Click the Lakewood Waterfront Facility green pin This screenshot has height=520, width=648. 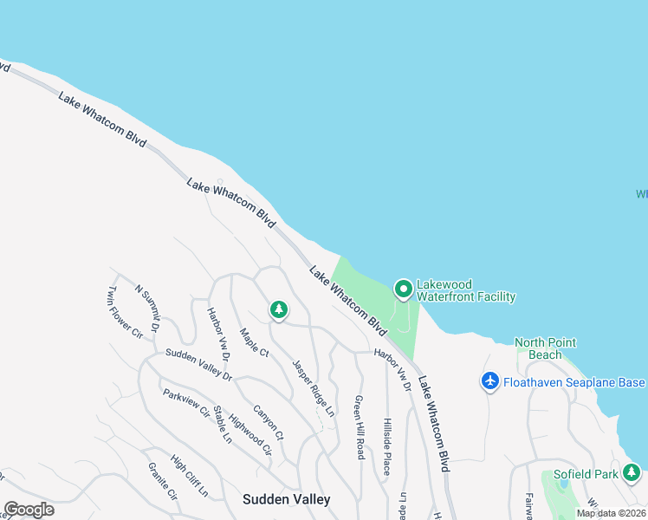tap(403, 288)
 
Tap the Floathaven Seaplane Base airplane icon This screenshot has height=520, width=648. tap(490, 380)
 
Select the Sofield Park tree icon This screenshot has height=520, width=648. tap(632, 472)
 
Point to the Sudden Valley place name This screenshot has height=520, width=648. tap(286, 499)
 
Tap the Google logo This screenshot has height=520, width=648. tap(29, 510)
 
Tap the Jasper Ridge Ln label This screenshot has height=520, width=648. tap(312, 385)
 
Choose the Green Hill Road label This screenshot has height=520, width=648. tap(358, 427)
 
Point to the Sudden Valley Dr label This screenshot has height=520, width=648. tap(198, 365)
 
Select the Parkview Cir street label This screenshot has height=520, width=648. tap(186, 403)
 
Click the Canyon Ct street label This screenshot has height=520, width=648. tap(269, 421)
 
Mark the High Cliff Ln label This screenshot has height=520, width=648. tap(190, 476)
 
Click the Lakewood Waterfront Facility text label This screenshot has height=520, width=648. tap(465, 290)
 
